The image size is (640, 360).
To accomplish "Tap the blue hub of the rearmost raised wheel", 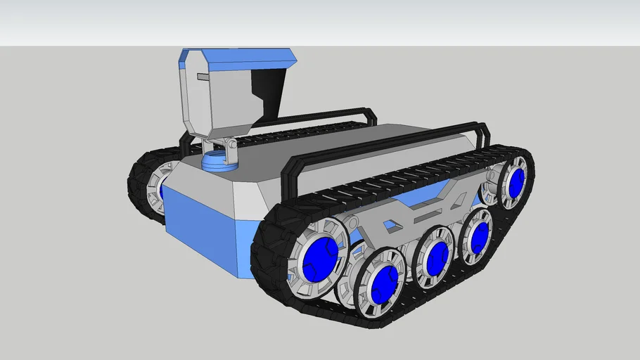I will [517, 182].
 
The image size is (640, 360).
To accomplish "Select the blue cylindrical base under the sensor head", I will [221, 161].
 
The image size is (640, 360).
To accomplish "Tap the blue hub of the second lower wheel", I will [384, 284].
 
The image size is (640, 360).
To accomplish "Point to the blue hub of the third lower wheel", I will [436, 258].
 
